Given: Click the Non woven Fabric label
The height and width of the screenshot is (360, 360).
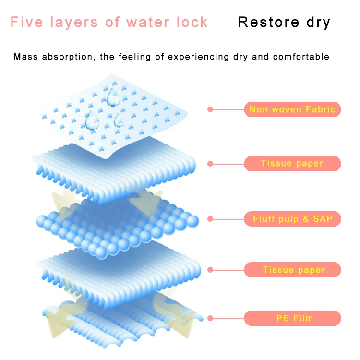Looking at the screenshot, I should click(292, 109).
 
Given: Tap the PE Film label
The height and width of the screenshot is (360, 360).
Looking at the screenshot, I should click(292, 318).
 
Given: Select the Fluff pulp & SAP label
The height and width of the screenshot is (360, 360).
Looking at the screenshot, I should click(292, 219).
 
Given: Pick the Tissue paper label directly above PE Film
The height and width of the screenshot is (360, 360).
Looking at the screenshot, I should click(292, 270).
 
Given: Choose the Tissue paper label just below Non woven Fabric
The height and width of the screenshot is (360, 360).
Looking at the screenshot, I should click(292, 164).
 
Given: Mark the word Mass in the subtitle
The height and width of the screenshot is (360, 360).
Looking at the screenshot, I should click(26, 57).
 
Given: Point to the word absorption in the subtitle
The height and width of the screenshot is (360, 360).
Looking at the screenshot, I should click(70, 57).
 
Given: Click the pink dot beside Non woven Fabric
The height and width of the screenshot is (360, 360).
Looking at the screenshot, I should click(210, 109).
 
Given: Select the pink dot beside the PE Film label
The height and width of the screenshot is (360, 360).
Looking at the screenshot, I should click(210, 318).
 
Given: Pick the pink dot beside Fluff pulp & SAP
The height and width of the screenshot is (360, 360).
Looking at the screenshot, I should click(210, 219).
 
